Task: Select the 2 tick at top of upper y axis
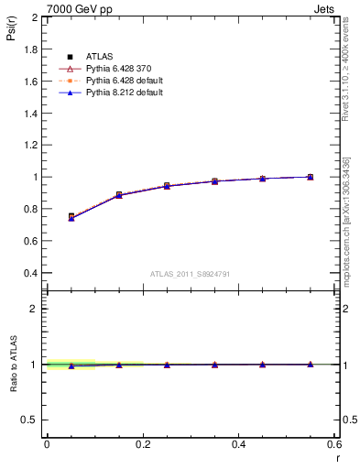tap(34, 17)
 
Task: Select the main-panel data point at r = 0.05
tap(71, 217)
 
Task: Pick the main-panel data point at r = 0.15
tap(119, 195)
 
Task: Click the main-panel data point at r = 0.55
tap(311, 177)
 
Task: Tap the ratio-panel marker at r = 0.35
tap(214, 365)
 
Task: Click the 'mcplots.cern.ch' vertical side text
tap(349, 234)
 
